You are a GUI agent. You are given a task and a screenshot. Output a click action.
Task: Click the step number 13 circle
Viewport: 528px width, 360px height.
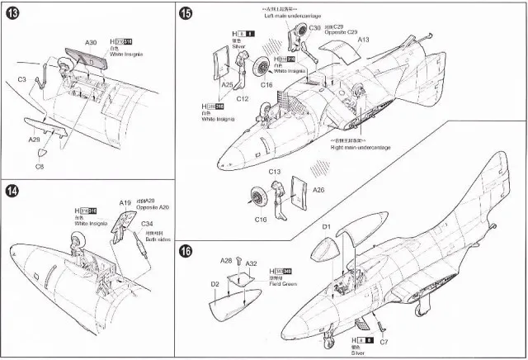(13, 13)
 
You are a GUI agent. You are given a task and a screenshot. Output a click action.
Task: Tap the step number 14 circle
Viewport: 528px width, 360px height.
(13, 192)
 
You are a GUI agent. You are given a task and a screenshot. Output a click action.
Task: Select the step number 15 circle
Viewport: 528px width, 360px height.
(186, 13)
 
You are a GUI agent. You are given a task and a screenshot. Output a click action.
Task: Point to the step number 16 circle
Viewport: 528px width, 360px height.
(186, 251)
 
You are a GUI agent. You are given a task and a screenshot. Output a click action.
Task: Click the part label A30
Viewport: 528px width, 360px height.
(91, 42)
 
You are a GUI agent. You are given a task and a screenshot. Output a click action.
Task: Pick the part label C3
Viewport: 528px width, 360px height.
(23, 79)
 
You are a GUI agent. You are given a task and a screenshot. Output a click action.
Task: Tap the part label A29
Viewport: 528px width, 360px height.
(34, 141)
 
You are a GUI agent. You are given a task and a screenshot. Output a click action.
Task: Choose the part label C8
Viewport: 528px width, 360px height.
(39, 167)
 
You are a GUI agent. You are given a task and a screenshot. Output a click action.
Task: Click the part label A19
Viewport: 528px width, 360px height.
(125, 202)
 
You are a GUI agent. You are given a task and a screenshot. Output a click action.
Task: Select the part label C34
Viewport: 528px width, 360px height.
(147, 224)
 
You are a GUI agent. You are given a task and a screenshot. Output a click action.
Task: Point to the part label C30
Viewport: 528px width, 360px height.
(314, 28)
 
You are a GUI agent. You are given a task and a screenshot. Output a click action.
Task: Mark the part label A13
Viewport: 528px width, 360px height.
(364, 40)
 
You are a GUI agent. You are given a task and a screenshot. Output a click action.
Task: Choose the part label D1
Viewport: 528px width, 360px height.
(326, 225)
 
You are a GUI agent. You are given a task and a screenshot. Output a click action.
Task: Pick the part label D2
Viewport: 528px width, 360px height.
(214, 284)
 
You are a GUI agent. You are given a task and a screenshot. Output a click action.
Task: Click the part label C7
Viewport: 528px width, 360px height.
(384, 341)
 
